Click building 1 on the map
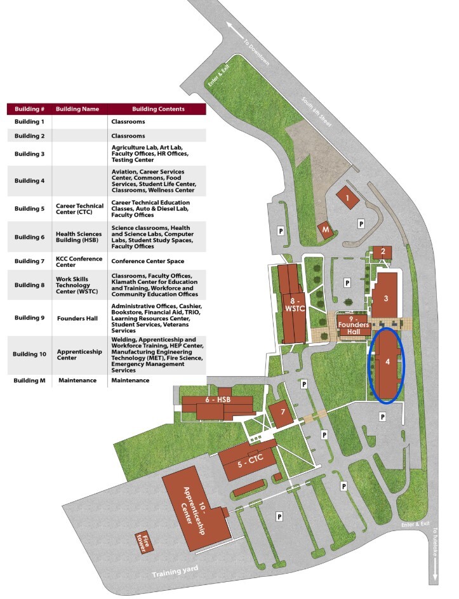[347, 198]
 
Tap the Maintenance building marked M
[325, 231]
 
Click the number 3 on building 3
[386, 299]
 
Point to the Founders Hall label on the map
[354, 325]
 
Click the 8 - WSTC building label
[295, 305]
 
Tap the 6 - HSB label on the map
[218, 400]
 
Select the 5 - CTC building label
[251, 461]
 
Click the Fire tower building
[144, 543]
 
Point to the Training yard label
[175, 572]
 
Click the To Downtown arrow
[236, 30]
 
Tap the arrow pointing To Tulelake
[435, 569]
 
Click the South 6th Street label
[316, 112]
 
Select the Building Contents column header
[158, 109]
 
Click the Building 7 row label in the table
[29, 261]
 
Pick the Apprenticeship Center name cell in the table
[79, 354]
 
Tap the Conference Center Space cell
[148, 261]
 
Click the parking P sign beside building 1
[361, 224]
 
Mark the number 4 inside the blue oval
[388, 361]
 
